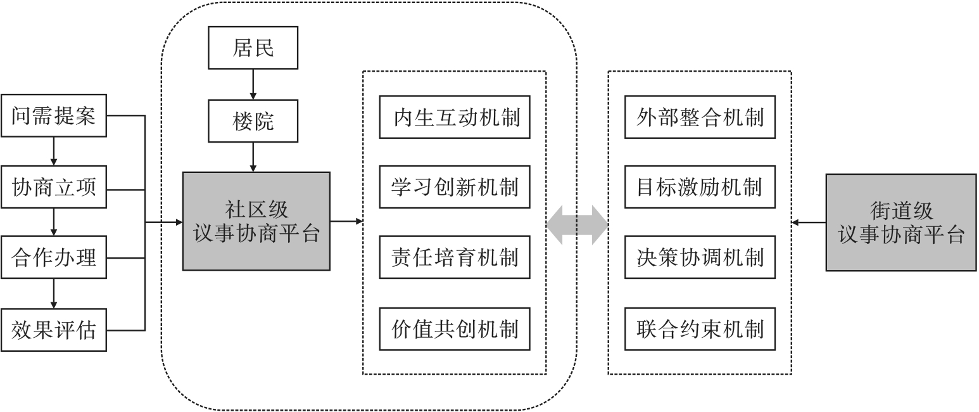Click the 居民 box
[x=253, y=48]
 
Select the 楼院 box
[x=253, y=120]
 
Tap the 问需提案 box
[x=53, y=116]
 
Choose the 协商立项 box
[x=53, y=187]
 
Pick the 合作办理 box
[x=53, y=258]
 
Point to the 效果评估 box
[x=53, y=330]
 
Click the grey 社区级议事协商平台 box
[x=256, y=221]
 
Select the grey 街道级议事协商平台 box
[x=900, y=222]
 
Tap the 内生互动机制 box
[x=454, y=117]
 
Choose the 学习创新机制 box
[x=454, y=187]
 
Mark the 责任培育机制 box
[x=454, y=257]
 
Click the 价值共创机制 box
[x=454, y=329]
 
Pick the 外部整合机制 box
[x=700, y=117]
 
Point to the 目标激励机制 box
[x=700, y=187]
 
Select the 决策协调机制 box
[x=700, y=257]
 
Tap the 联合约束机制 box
[x=700, y=329]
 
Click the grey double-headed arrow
[x=577, y=223]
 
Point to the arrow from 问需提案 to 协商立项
[x=53, y=152]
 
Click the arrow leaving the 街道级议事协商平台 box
[x=809, y=222]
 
